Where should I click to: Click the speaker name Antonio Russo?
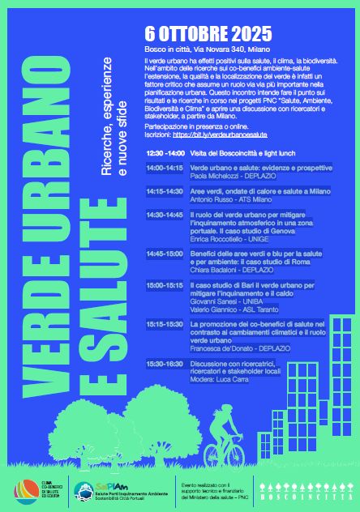pyautogui.click(x=186, y=198)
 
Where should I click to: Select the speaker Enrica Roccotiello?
pyautogui.click(x=192, y=238)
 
